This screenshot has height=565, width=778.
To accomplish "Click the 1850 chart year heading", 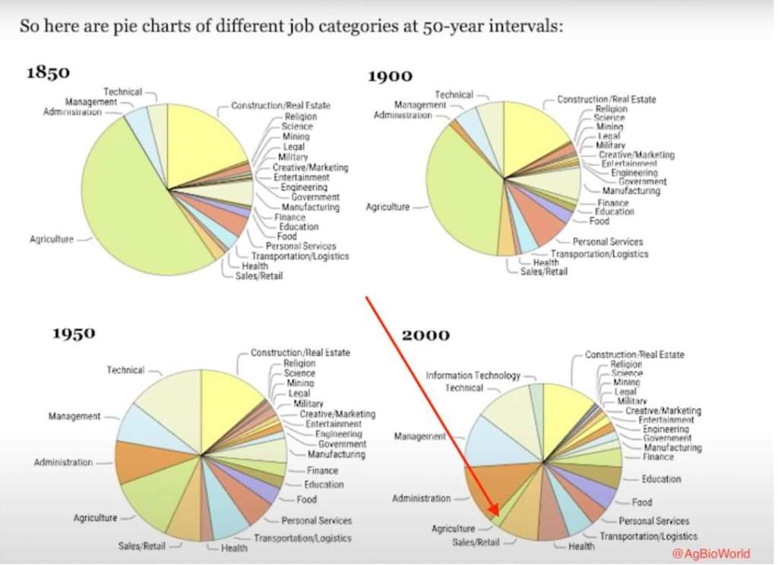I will point(49,73).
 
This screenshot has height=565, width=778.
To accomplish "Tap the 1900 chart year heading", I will point(390,76).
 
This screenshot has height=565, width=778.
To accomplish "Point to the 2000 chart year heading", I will point(425,335).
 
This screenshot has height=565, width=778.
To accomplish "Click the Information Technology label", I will point(473,376).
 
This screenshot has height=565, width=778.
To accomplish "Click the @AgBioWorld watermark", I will point(710,553).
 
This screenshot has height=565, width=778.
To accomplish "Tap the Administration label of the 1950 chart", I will point(63,462).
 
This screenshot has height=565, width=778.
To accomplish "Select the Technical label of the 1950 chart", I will point(125,370).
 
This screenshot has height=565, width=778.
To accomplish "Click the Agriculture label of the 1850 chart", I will point(52,239).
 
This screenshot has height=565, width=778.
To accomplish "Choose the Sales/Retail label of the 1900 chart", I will point(543,272).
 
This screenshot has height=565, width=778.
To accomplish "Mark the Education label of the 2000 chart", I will point(661,479).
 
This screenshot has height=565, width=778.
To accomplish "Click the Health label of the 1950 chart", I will point(234,548).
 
